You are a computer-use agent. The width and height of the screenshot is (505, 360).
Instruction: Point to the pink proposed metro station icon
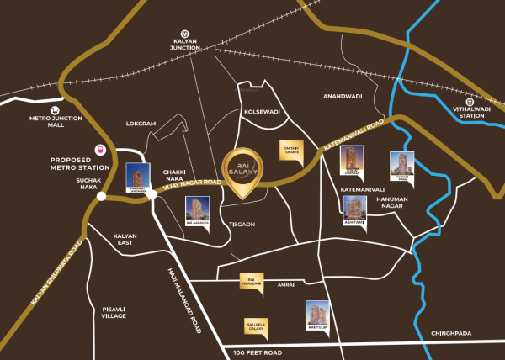pos(101,149)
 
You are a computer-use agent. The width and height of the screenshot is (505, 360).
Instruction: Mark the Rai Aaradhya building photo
pos(196,211)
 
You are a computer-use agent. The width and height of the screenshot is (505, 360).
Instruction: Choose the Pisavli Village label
pos(113,312)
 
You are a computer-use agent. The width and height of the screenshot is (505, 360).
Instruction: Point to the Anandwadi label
pos(342,97)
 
